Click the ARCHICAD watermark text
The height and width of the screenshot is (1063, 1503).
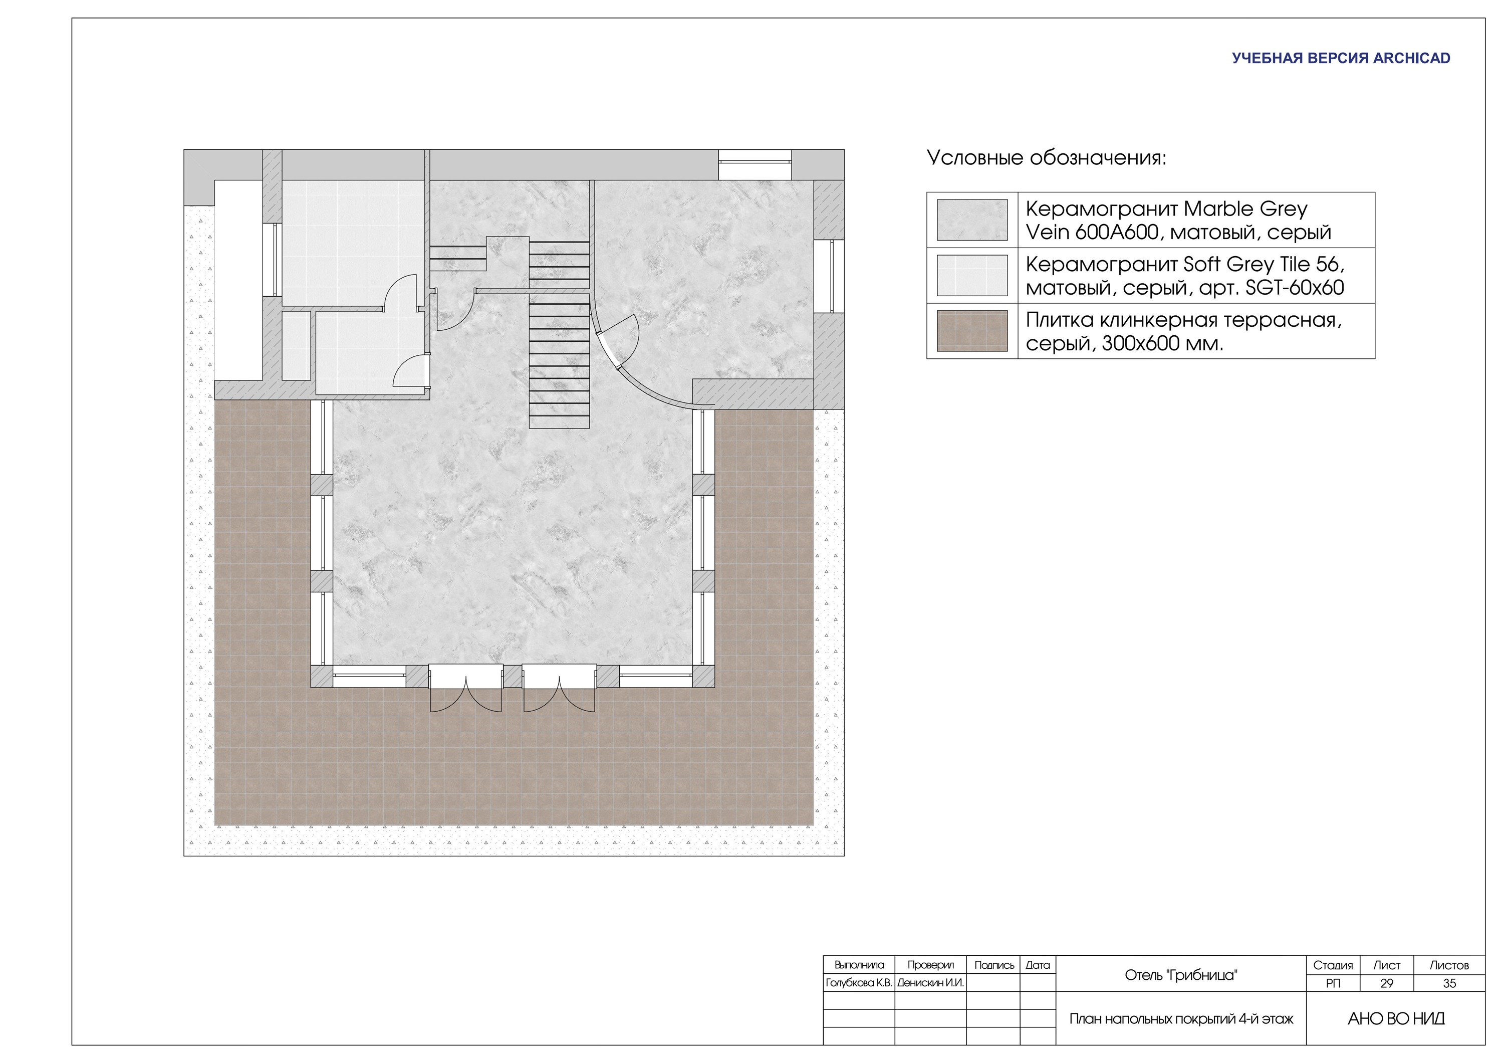click(x=1341, y=58)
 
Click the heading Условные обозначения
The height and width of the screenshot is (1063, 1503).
click(x=1047, y=158)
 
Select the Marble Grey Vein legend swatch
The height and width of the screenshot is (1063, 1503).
click(x=972, y=220)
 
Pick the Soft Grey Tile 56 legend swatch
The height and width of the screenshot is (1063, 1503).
click(x=972, y=276)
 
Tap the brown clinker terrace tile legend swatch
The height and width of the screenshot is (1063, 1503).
click(x=972, y=331)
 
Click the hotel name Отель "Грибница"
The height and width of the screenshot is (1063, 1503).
click(x=1181, y=975)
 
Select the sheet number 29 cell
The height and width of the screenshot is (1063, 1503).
click(x=1386, y=983)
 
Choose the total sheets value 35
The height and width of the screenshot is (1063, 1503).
click(x=1449, y=983)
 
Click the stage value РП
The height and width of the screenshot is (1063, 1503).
click(x=1333, y=983)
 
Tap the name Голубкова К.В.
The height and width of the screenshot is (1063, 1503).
click(x=859, y=983)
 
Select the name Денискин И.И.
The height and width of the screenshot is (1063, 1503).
click(x=930, y=983)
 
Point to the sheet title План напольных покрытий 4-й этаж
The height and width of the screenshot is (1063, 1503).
click(x=1181, y=1019)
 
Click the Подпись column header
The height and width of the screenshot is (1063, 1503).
click(x=993, y=965)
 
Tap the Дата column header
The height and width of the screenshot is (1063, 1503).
click(x=1038, y=965)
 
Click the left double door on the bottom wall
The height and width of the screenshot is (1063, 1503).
click(x=466, y=688)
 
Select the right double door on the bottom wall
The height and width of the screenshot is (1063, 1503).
click(x=559, y=688)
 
